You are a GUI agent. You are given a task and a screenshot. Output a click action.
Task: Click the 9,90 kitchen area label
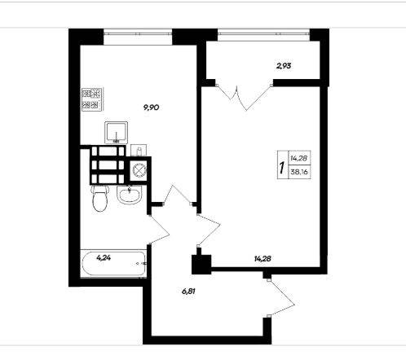tap(151, 108)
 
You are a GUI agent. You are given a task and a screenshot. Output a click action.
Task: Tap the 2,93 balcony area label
tap(284, 66)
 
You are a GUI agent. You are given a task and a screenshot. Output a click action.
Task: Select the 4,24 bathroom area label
tap(104, 257)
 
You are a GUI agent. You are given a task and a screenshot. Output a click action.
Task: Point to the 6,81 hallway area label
tap(188, 292)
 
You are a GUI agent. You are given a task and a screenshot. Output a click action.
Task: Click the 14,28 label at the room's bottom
tap(263, 259)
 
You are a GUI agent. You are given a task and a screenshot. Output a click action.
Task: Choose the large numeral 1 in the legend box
tap(282, 168)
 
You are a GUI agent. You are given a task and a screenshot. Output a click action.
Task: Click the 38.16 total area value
tap(299, 172)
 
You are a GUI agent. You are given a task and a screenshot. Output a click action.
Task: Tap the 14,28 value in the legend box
tap(299, 158)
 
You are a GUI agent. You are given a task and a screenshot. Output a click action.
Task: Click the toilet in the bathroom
tap(99, 198)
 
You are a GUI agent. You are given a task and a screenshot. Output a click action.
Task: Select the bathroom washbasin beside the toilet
tap(130, 195)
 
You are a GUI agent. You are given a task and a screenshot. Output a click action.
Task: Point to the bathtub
tap(113, 263)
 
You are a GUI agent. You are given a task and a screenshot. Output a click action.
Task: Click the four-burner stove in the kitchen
tap(92, 99)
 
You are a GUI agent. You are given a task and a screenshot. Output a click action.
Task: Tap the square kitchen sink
tap(117, 133)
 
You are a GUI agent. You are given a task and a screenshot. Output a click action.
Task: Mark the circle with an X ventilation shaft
tap(139, 170)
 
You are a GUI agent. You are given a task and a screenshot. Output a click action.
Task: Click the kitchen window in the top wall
tap(138, 34)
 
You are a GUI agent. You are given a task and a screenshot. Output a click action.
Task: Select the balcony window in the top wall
tap(263, 34)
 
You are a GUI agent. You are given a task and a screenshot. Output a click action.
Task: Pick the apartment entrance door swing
tap(281, 298)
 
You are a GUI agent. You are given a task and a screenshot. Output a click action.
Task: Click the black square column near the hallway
tap(201, 264)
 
